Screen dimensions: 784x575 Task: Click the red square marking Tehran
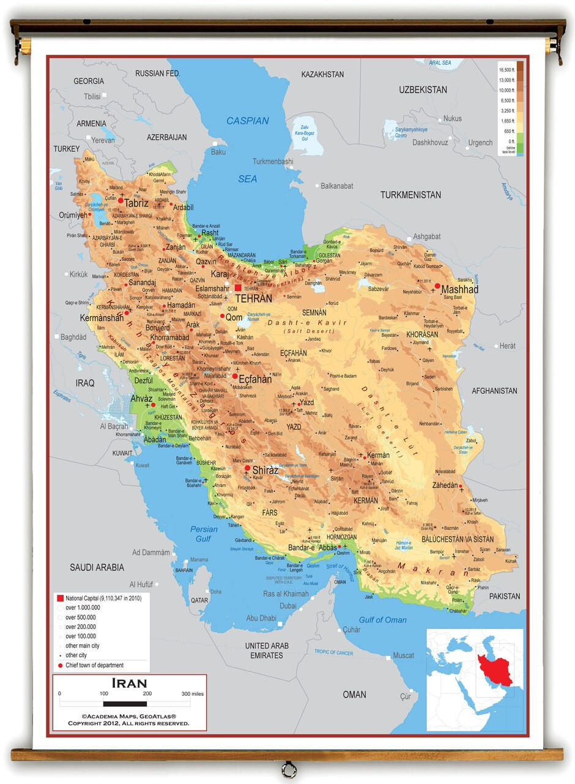point(238,287)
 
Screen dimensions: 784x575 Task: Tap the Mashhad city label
point(459,289)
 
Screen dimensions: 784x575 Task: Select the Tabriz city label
point(136,203)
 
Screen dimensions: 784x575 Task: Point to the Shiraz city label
point(265,470)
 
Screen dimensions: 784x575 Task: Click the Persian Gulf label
point(203,533)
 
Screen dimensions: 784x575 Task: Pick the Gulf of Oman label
point(382,620)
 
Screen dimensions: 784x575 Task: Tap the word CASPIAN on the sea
point(248,121)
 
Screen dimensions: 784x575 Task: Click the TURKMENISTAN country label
point(410,195)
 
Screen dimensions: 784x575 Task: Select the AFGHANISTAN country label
point(494,391)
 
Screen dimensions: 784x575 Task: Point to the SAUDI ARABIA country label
point(97,567)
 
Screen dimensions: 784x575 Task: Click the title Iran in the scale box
point(129,682)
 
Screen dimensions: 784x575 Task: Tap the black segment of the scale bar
point(125,704)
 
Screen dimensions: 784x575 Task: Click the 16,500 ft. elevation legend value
point(505,70)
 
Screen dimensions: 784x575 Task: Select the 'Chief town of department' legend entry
point(94,665)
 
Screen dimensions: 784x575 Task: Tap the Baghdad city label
point(73,337)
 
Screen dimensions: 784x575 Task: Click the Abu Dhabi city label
point(261,618)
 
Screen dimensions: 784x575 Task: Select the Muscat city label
point(403,655)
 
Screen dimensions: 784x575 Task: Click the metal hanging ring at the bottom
point(288,769)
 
